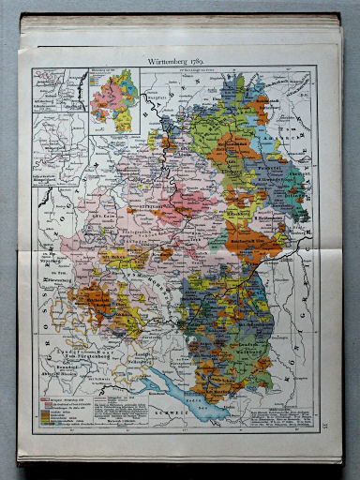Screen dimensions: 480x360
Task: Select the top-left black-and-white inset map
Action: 58,104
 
